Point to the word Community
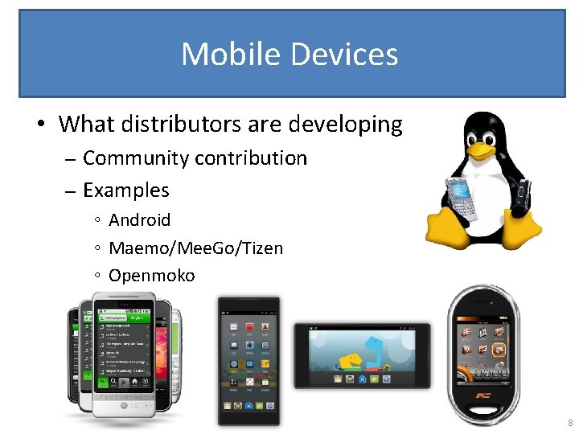(x=132, y=158)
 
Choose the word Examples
(x=126, y=190)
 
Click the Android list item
(x=139, y=219)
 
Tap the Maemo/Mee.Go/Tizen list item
(x=195, y=248)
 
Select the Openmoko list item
(x=151, y=276)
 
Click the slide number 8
(x=569, y=424)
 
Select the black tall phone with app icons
(x=248, y=360)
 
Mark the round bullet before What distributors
(x=39, y=125)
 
